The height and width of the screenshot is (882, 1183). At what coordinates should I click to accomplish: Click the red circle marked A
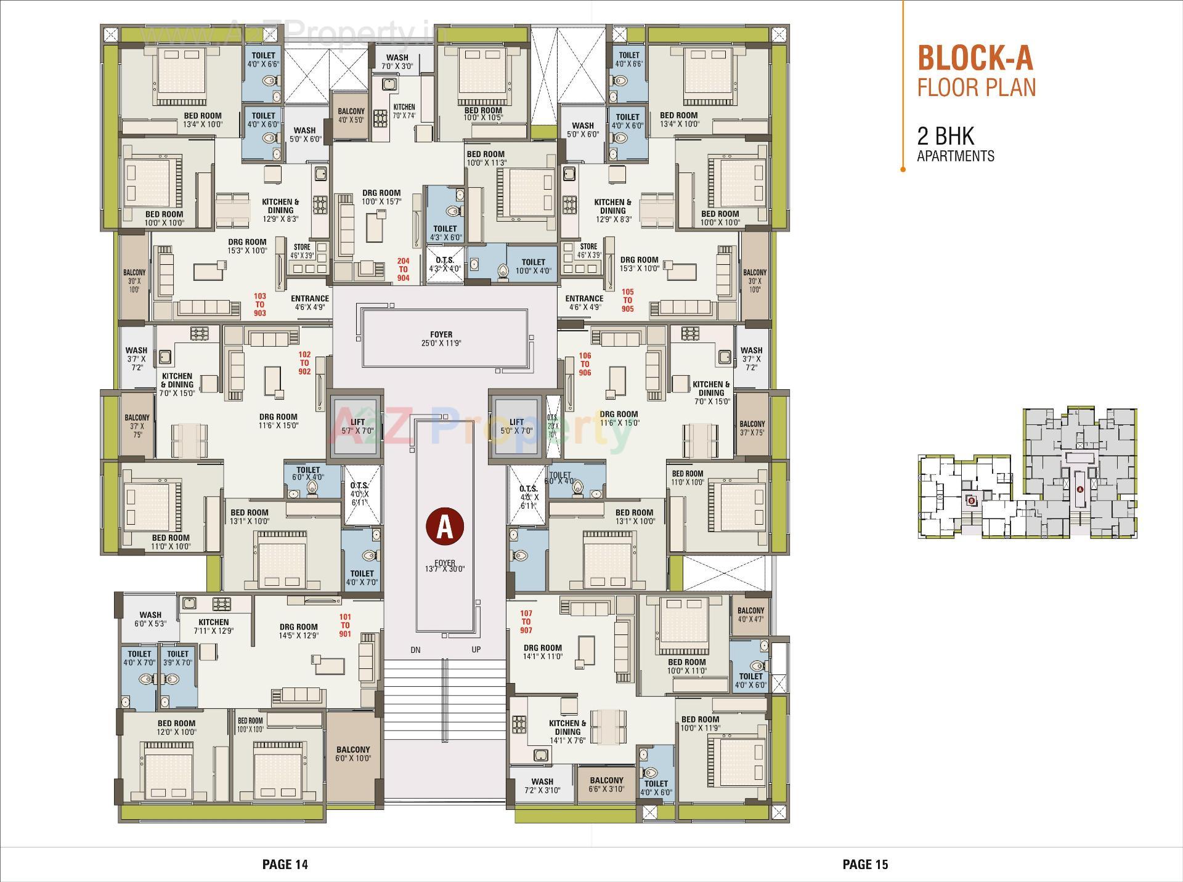click(x=445, y=525)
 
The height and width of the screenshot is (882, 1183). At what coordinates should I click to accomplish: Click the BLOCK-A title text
click(x=975, y=58)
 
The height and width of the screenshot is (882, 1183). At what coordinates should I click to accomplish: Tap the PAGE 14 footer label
click(x=285, y=864)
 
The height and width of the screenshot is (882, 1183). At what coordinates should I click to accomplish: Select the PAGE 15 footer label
click(x=865, y=864)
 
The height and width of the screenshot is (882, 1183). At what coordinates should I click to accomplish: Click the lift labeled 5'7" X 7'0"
click(x=357, y=426)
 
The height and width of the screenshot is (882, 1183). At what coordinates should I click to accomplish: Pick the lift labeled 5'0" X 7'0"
click(x=516, y=426)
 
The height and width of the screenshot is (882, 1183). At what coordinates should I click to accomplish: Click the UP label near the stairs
click(x=476, y=649)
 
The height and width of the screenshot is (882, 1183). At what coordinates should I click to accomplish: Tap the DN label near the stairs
click(x=416, y=649)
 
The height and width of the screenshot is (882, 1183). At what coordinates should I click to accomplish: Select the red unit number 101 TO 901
click(x=345, y=625)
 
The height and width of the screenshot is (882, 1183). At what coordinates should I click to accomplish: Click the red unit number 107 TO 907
click(x=526, y=621)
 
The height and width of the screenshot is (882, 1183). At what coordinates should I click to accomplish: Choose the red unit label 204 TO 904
click(x=403, y=269)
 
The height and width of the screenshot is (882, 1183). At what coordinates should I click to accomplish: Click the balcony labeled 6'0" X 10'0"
click(x=353, y=754)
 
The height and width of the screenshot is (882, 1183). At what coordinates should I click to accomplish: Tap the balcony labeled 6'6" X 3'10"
click(x=606, y=784)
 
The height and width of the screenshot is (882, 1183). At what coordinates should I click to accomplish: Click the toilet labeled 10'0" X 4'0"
click(x=533, y=266)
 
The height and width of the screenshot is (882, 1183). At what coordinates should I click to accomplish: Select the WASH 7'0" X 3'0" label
click(x=397, y=62)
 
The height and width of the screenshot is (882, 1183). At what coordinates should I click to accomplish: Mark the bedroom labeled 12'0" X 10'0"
click(x=176, y=727)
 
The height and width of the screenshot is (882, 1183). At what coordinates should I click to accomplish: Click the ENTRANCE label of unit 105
click(x=584, y=302)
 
